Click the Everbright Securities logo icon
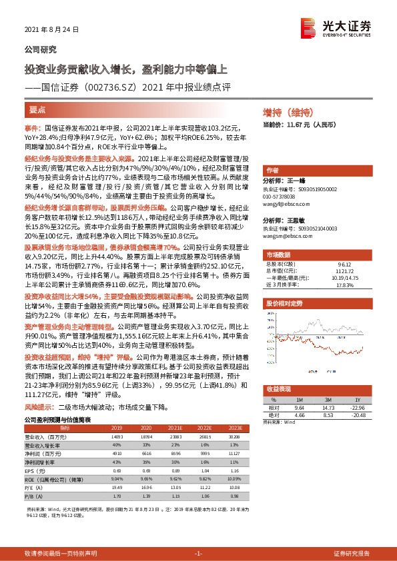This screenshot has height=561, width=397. (x=308, y=27)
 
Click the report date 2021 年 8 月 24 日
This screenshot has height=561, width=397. (x=51, y=30)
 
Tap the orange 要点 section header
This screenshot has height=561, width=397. (x=37, y=109)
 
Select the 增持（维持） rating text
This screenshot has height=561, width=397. (x=288, y=112)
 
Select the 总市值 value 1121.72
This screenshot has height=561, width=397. (x=344, y=271)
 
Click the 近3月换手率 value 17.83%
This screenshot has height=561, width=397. (x=344, y=284)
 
